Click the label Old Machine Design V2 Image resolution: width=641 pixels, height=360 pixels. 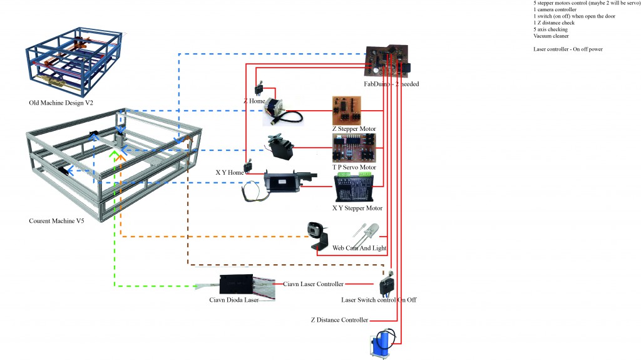pos(57,103)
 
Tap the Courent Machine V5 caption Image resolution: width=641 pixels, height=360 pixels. pos(56,221)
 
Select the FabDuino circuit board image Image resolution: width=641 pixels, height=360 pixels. pos(387,59)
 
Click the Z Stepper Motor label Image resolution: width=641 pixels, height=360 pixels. pos(354,129)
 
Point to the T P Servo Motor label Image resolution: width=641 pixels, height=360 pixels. pos(354,167)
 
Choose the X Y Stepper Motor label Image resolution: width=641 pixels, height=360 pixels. pos(357,208)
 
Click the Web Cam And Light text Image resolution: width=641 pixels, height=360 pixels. pos(359,248)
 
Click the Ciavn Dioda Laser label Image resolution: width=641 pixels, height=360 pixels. pos(233,300)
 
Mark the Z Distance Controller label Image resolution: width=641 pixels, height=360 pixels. pos(339,320)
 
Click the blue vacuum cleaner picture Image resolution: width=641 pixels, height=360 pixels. pos(380,345)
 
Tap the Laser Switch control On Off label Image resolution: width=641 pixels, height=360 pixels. pos(379,300)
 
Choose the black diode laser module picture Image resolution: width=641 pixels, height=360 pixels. pos(236,284)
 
